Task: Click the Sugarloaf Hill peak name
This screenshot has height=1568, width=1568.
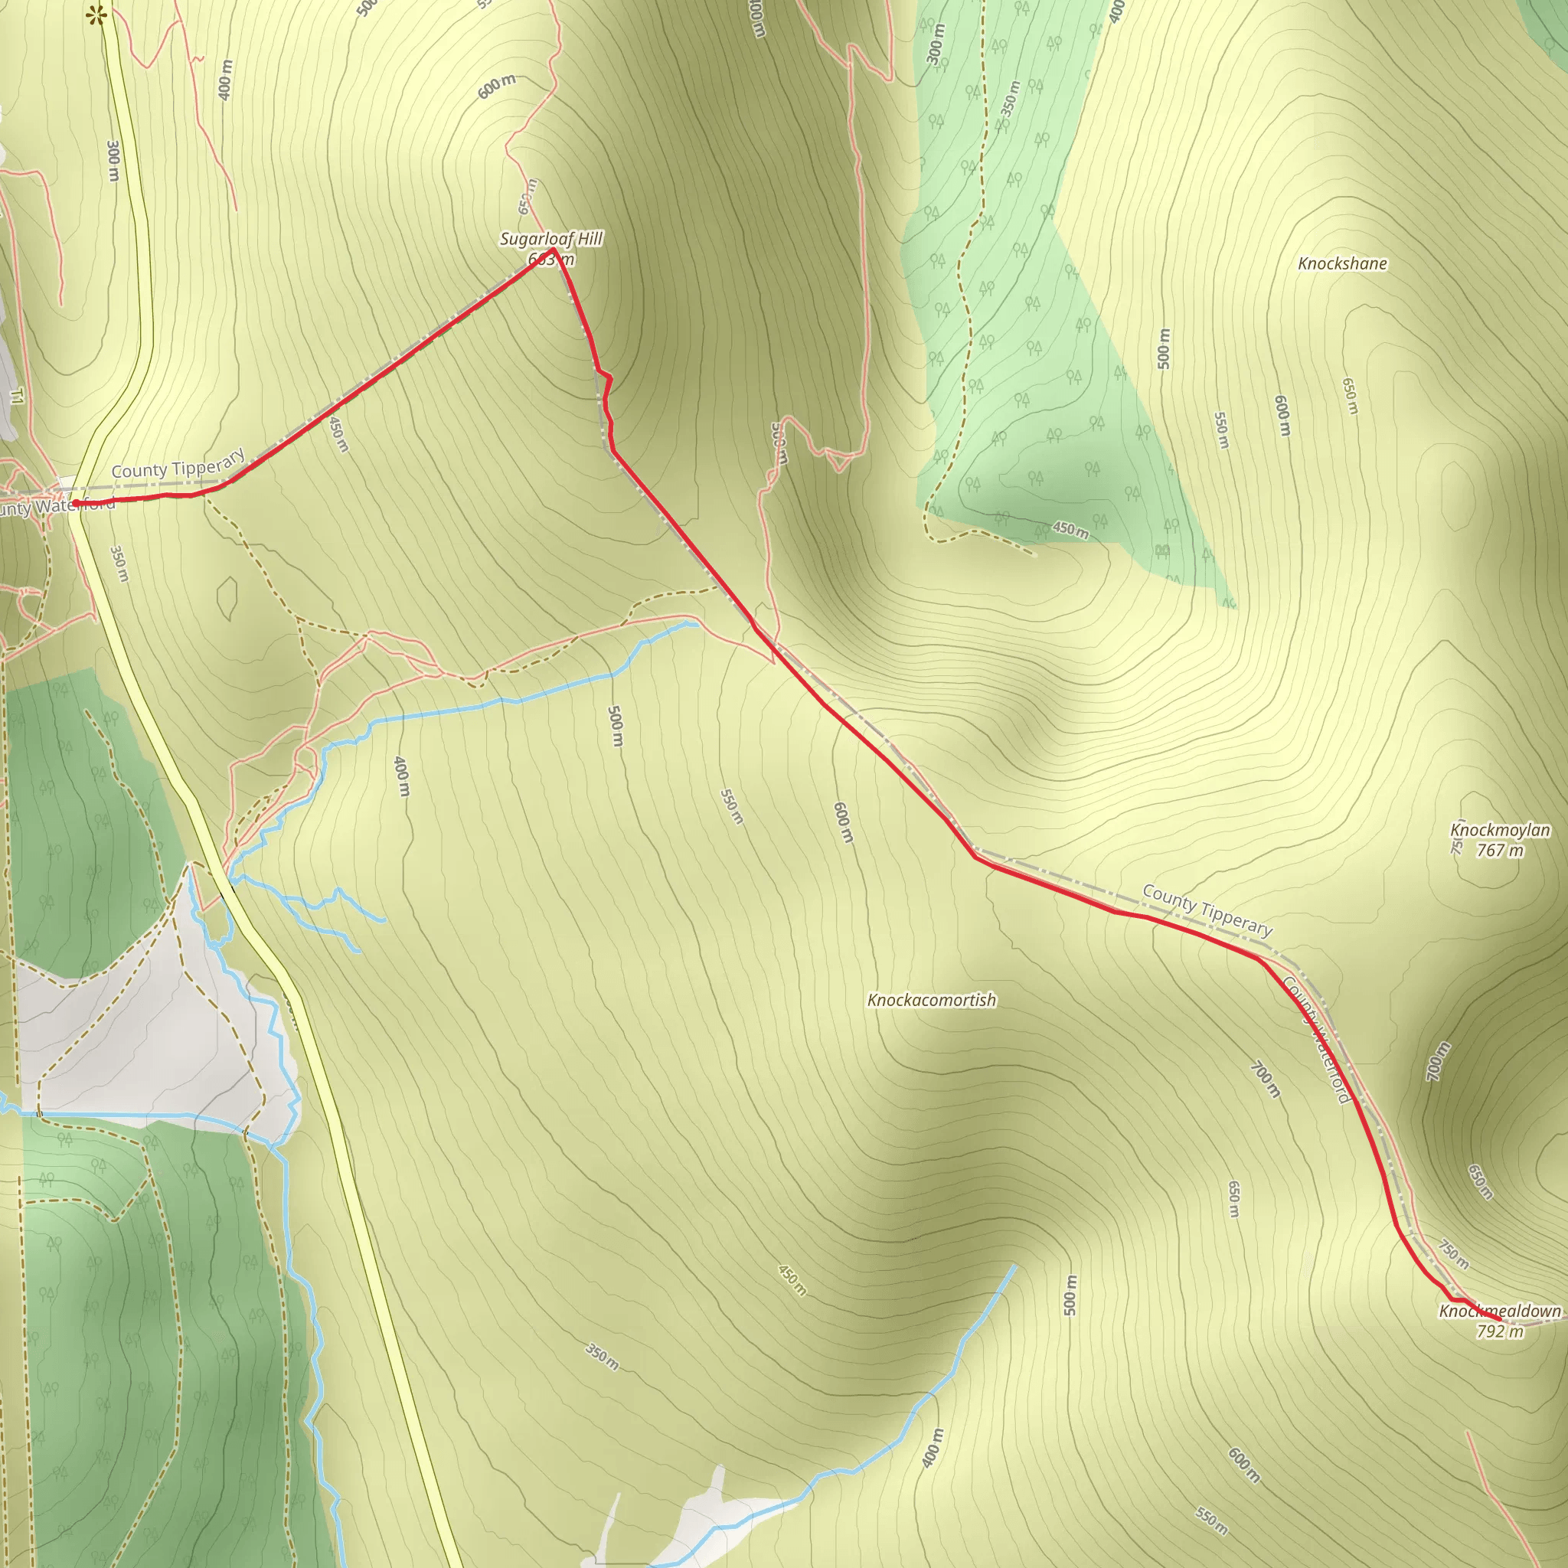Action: tap(551, 240)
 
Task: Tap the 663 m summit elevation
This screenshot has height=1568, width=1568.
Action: tap(551, 259)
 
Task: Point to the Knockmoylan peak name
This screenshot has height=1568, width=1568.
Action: tap(1500, 830)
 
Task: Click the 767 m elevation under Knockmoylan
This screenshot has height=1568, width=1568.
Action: tap(1500, 851)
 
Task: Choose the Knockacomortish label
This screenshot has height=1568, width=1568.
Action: tap(932, 1000)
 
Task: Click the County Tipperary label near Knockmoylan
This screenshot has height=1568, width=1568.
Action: tap(1207, 910)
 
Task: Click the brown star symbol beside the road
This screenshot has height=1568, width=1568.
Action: tap(98, 15)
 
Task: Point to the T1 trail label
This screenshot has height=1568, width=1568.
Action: tap(17, 396)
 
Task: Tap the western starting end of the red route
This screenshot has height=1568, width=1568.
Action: tap(76, 504)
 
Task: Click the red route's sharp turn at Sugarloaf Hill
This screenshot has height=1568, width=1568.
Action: tap(552, 249)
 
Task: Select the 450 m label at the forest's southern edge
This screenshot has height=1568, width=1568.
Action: tap(1070, 531)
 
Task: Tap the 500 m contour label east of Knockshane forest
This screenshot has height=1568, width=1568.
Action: tap(1164, 349)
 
